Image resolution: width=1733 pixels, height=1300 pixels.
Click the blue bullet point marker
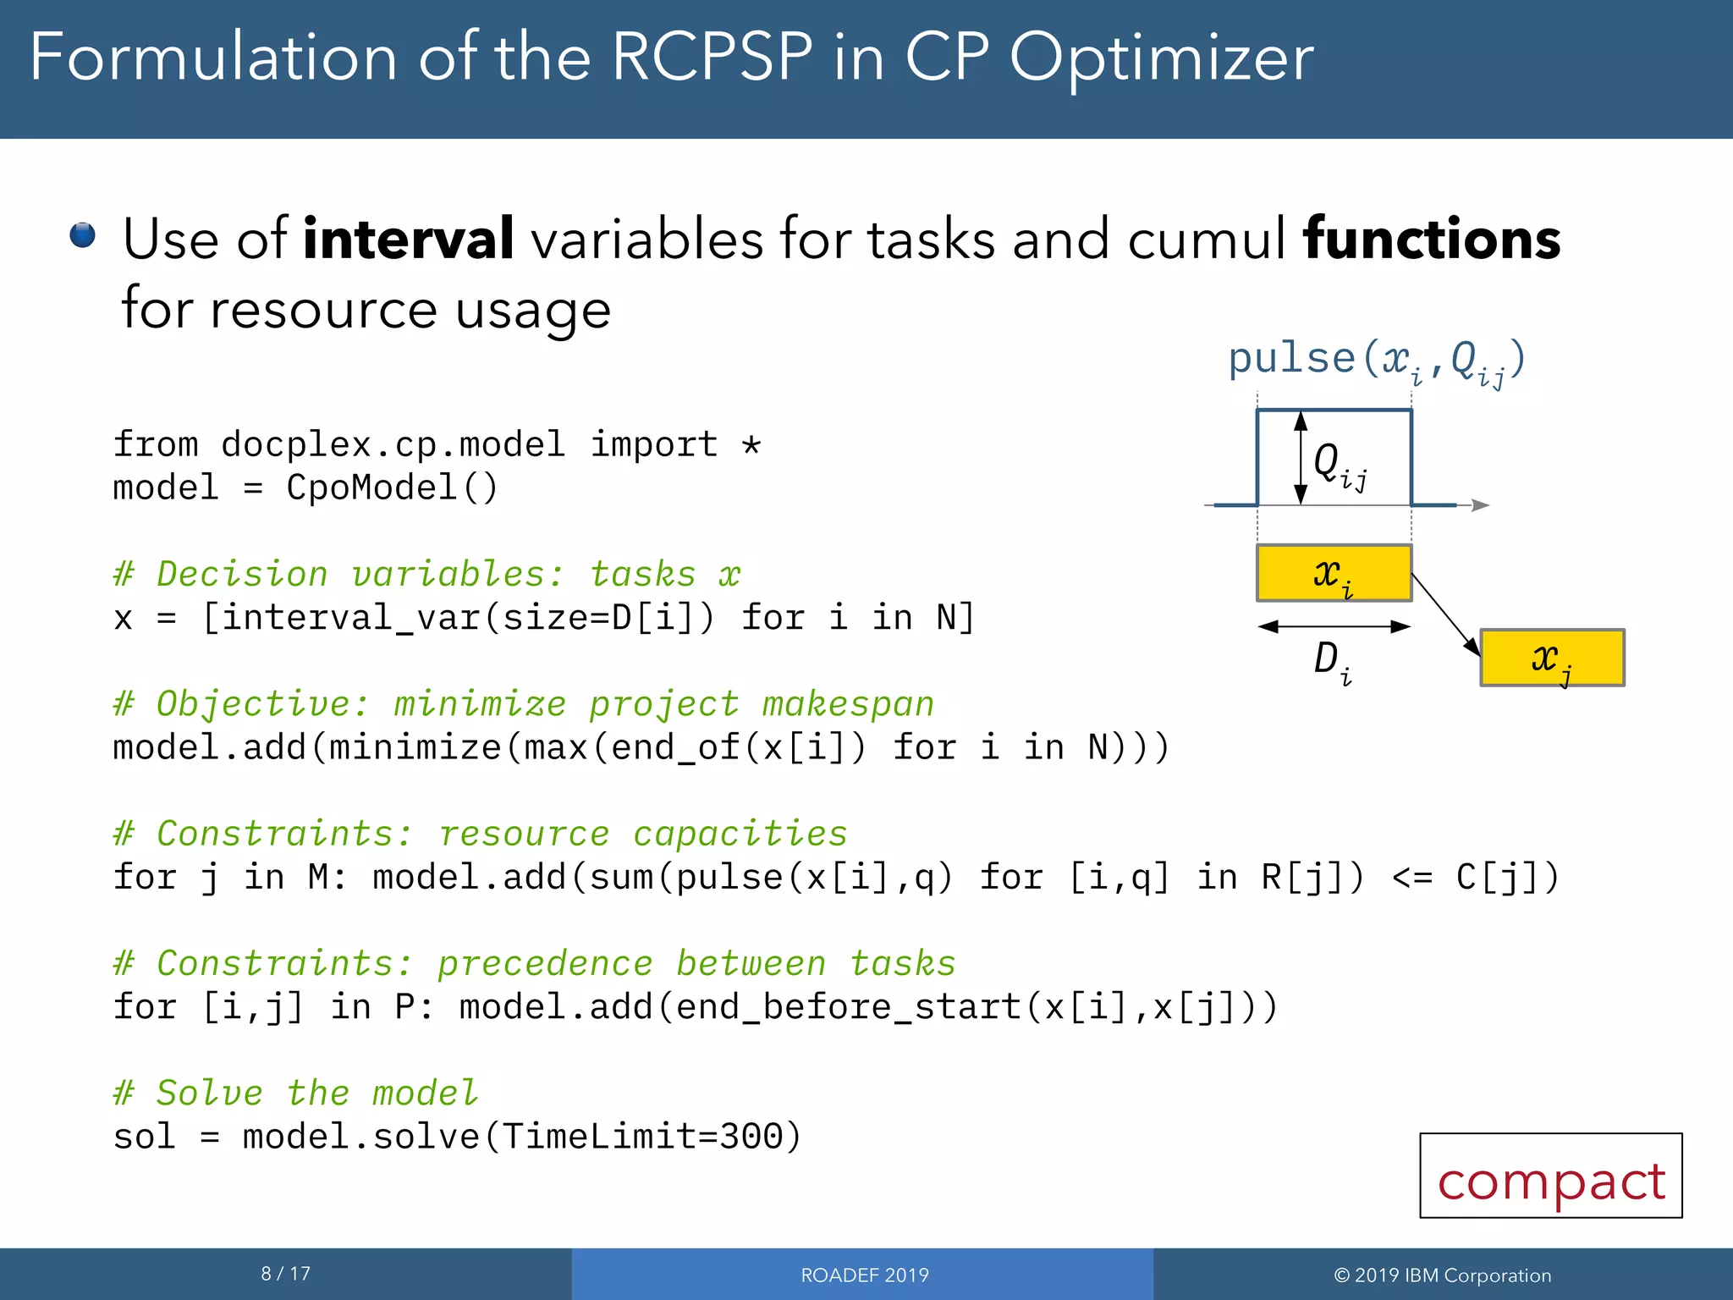[x=82, y=234]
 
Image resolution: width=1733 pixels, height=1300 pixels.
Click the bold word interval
[x=408, y=239]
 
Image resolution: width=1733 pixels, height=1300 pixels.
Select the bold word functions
[x=1432, y=239]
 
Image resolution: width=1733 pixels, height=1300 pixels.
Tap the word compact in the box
[x=1551, y=1181]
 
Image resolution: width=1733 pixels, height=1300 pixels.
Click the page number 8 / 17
[x=285, y=1274]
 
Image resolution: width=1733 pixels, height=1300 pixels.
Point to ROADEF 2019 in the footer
[x=864, y=1275]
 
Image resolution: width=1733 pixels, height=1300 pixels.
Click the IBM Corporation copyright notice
[x=1442, y=1275]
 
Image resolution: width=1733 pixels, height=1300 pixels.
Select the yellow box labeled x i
[x=1334, y=574]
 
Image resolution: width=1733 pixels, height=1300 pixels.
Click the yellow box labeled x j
[x=1552, y=658]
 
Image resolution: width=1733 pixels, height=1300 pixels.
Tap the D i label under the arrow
[x=1331, y=661]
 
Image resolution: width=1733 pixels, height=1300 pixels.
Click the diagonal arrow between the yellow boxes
[x=1446, y=614]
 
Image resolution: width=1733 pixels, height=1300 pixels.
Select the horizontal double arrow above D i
[x=1334, y=626]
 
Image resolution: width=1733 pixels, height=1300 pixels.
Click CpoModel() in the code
[x=392, y=488]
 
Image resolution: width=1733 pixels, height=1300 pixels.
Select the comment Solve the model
[x=295, y=1093]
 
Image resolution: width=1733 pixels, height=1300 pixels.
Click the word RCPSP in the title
[x=712, y=58]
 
